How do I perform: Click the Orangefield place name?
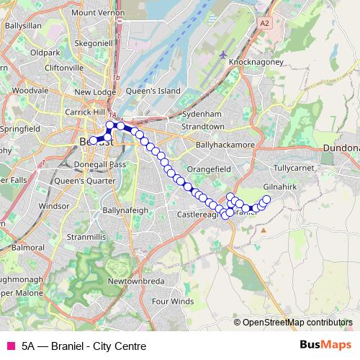click(x=207, y=169)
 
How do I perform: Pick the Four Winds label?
click(x=173, y=301)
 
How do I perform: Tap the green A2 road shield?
click(x=265, y=24)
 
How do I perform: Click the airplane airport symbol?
click(x=223, y=55)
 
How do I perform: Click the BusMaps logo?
click(x=326, y=345)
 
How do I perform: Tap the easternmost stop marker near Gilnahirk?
click(x=266, y=199)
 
